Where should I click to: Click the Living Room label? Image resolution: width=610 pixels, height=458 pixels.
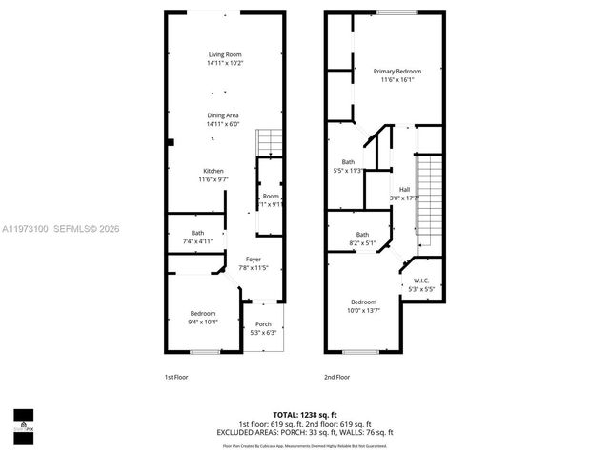click(x=225, y=59)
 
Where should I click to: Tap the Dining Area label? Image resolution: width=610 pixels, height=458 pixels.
click(x=225, y=120)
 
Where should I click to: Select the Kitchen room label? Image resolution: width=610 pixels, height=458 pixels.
click(x=213, y=176)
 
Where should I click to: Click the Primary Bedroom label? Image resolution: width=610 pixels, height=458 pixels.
click(x=396, y=75)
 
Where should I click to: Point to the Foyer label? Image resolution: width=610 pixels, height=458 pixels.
click(x=254, y=264)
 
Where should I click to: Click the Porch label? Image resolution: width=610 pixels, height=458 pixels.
click(x=262, y=328)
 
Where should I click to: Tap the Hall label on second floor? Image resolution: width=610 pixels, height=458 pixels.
click(x=404, y=194)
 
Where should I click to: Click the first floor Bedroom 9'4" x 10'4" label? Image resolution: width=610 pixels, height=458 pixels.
click(x=202, y=318)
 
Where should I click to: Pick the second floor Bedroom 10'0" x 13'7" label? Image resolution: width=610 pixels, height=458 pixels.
click(x=362, y=306)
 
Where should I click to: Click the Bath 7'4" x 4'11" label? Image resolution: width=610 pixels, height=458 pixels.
click(x=197, y=238)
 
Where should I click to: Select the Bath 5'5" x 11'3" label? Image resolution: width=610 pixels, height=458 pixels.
click(x=348, y=167)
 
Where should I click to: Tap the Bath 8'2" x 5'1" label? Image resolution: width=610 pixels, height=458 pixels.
click(x=362, y=239)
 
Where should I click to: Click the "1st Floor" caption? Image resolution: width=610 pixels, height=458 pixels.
click(x=175, y=377)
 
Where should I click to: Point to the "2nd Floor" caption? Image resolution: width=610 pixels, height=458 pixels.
click(x=336, y=377)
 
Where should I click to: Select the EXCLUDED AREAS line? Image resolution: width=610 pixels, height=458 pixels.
click(x=304, y=432)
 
